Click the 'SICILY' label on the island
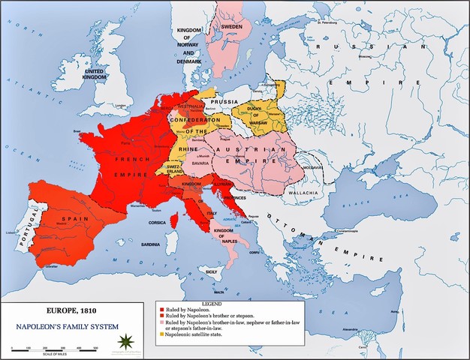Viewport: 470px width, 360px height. (212, 271)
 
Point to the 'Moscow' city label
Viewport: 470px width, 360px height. (366, 57)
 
